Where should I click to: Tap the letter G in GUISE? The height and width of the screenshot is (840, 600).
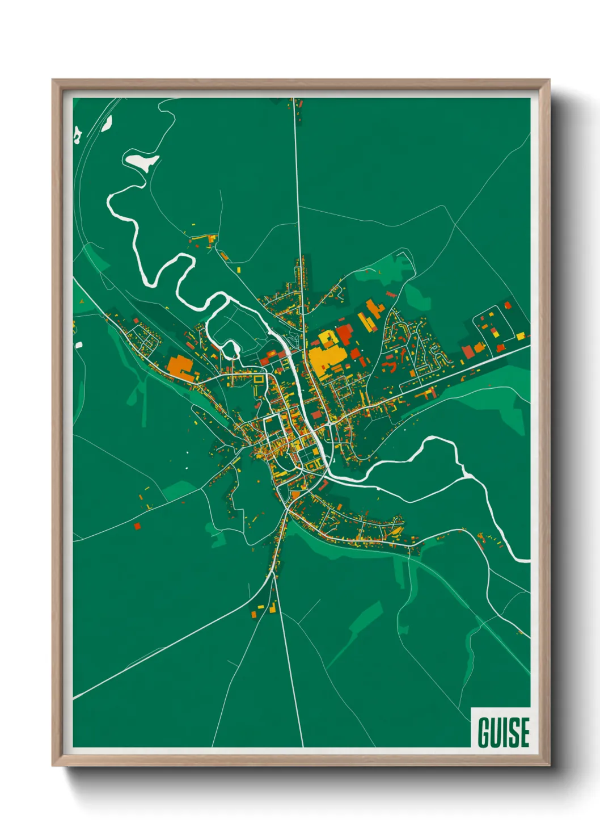484,732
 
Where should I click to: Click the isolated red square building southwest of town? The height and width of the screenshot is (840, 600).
137,526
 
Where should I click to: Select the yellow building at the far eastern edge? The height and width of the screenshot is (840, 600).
520,337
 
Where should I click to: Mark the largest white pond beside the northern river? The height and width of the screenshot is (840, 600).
141,161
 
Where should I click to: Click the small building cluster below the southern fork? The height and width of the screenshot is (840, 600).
262,610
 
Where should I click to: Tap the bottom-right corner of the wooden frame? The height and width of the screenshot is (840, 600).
549,765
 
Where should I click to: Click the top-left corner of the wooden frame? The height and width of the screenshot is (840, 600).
53,80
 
